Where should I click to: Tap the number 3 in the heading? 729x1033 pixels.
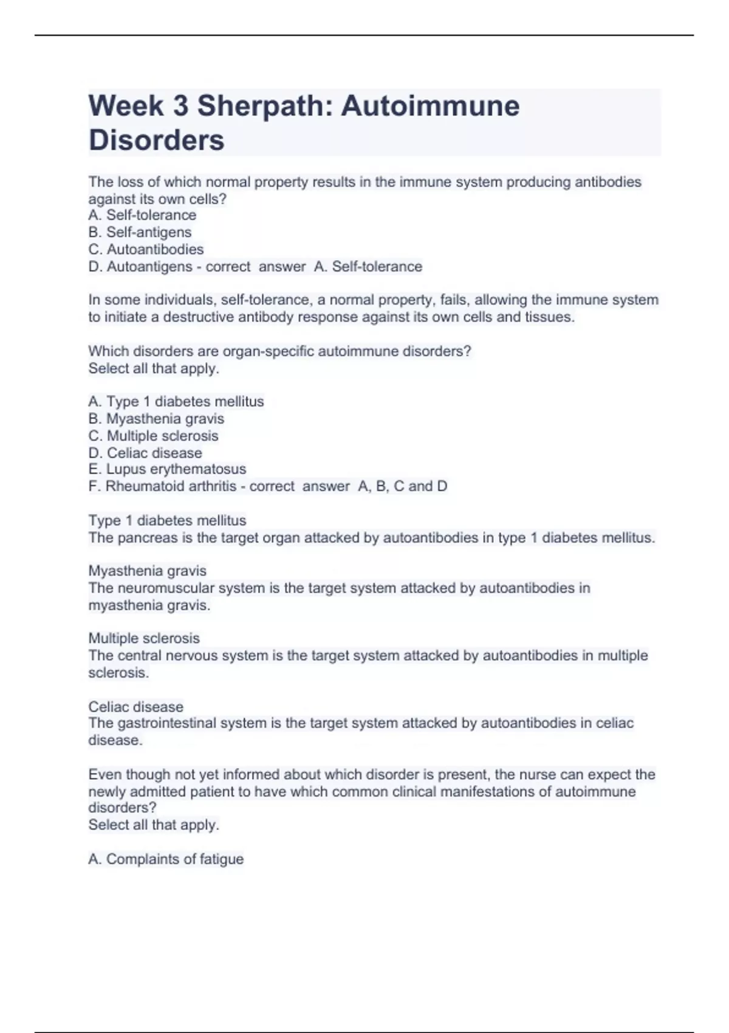[180, 106]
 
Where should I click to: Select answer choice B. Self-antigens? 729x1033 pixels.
[140, 232]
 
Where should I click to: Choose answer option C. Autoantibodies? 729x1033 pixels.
[146, 249]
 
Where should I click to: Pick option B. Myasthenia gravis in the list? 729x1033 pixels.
[156, 419]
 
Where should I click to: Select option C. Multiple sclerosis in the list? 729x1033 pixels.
[153, 436]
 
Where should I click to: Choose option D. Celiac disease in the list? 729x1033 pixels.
[145, 453]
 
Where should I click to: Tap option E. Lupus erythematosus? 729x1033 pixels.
[167, 469]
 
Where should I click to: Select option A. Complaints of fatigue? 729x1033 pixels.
[166, 859]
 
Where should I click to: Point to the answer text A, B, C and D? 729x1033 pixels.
[403, 486]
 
